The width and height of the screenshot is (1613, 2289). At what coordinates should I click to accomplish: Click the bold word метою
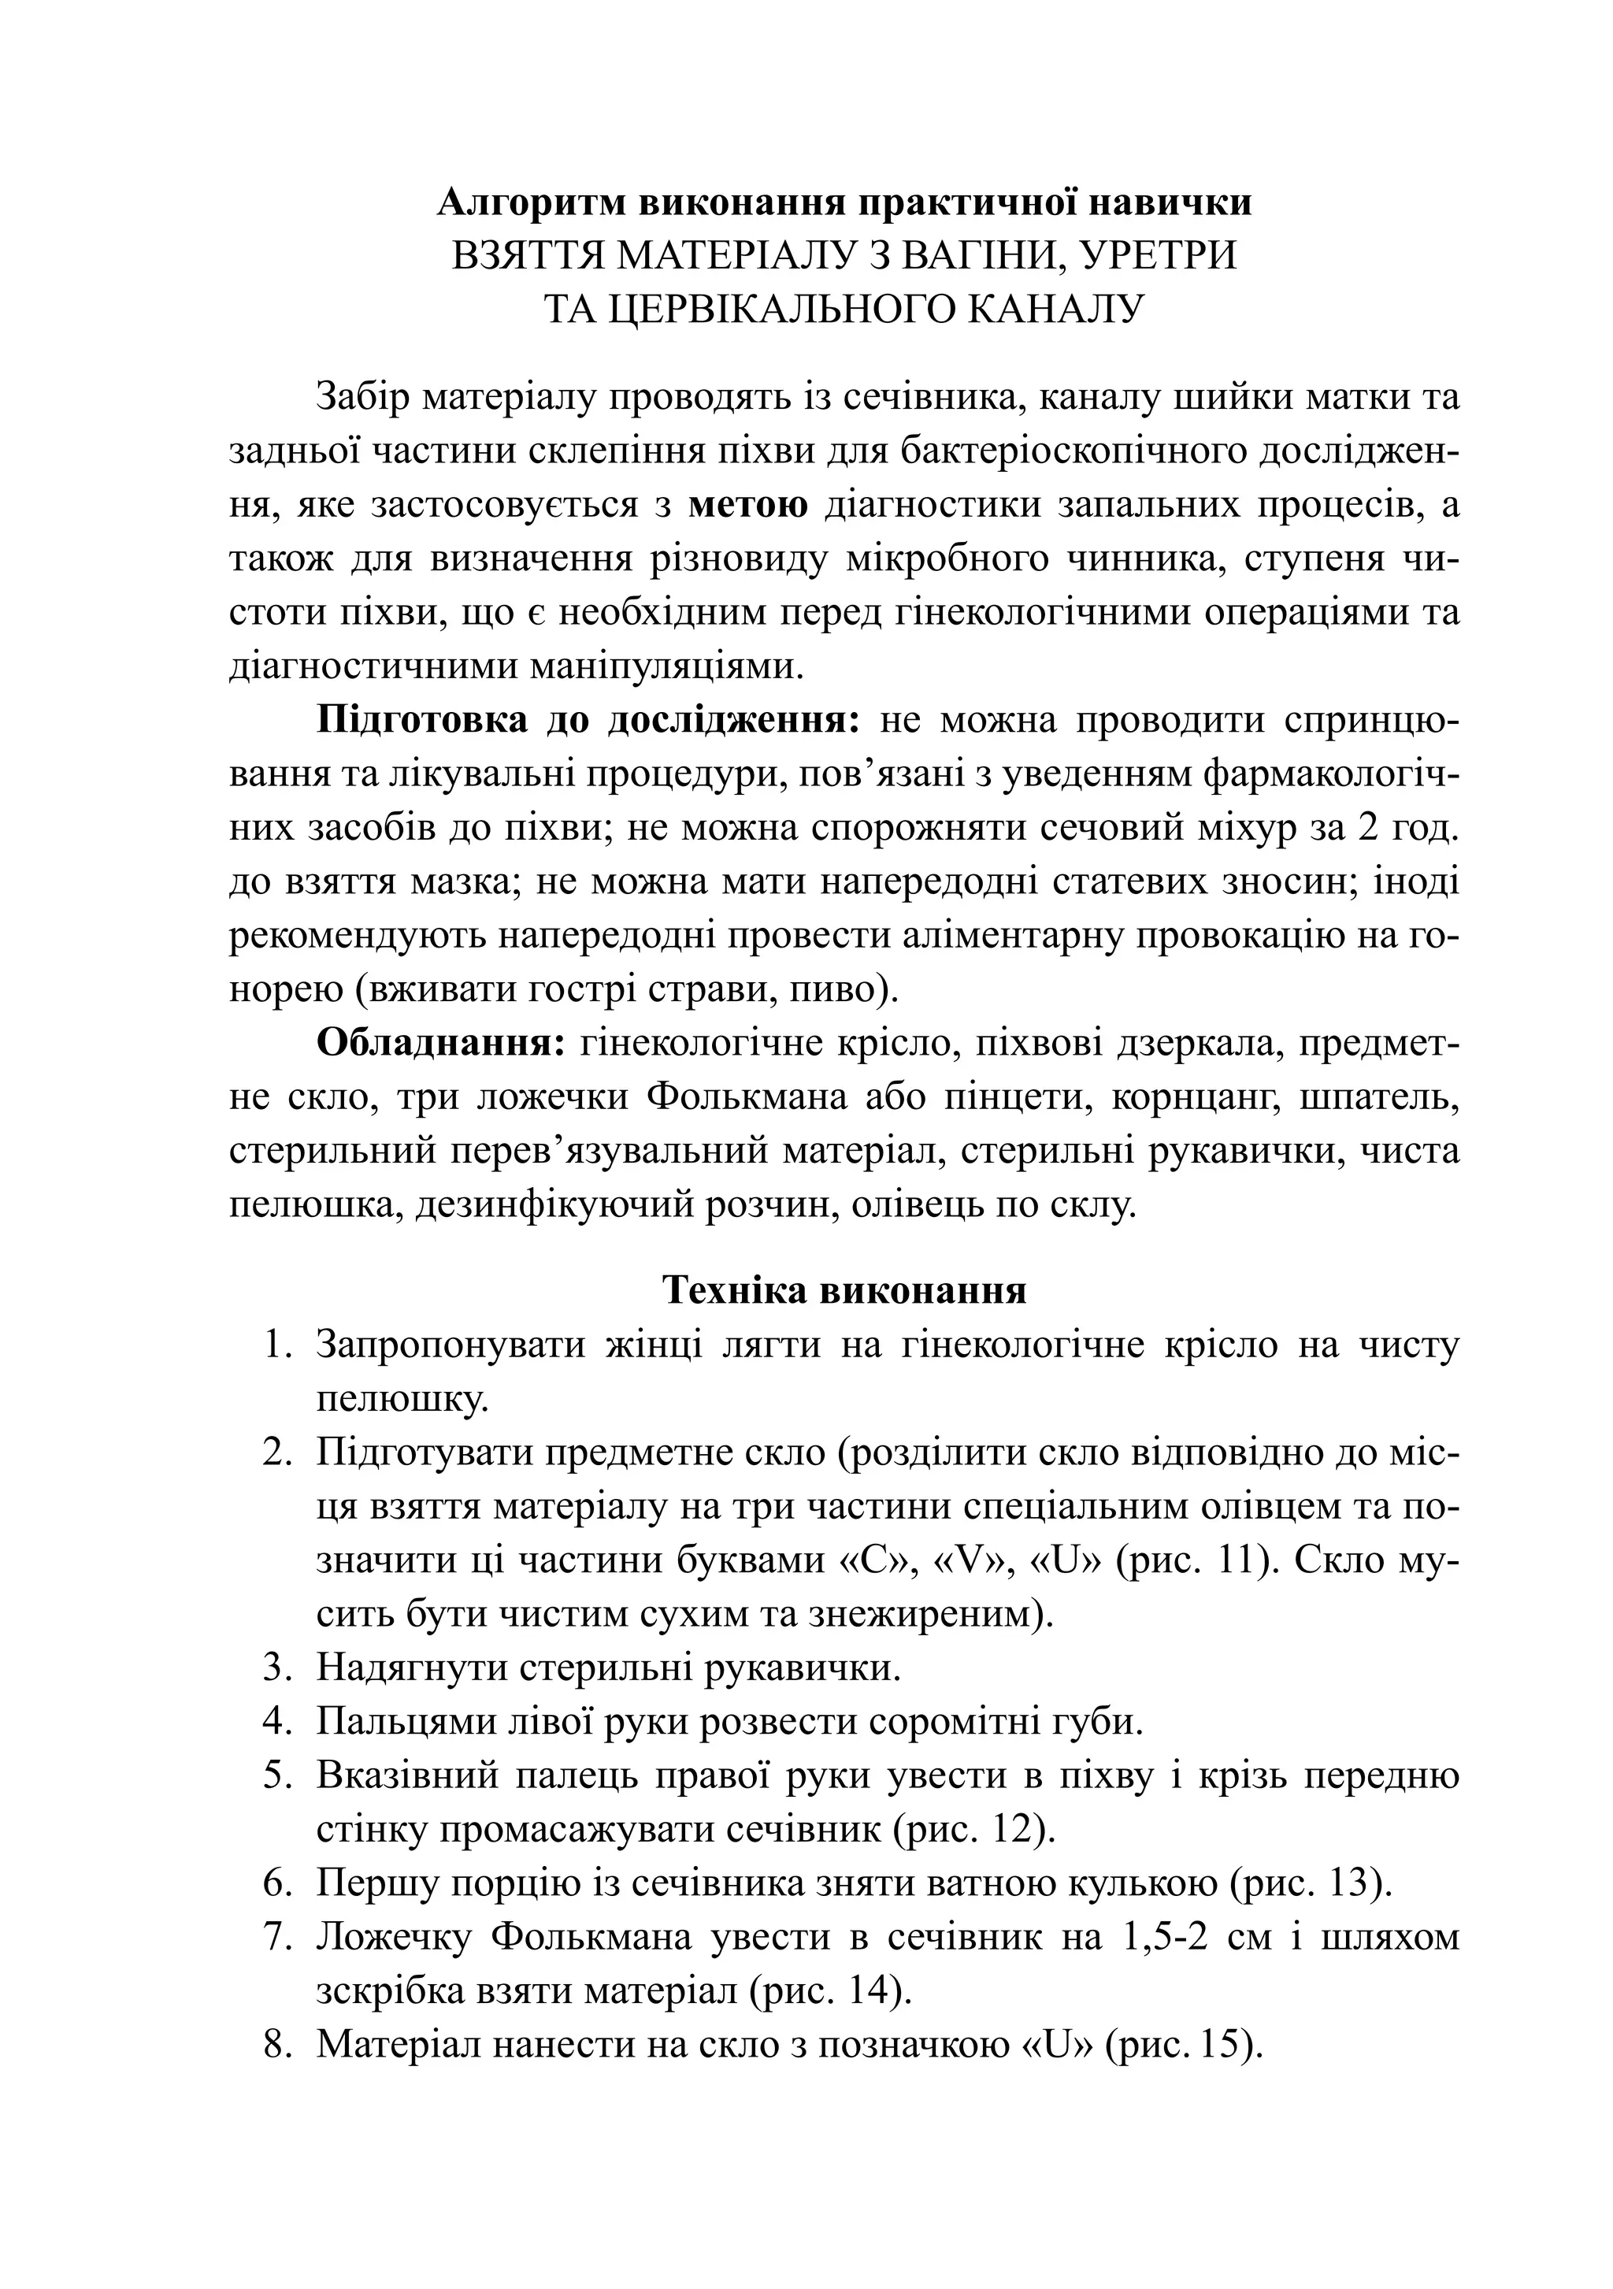pos(749,504)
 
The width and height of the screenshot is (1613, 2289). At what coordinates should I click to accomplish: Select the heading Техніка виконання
pos(844,1290)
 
